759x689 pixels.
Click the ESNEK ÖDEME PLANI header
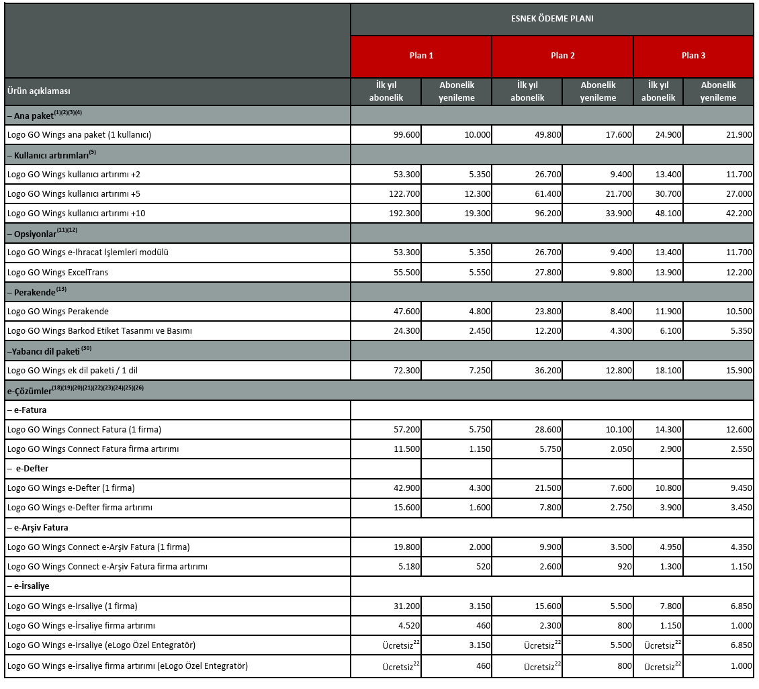pos(551,19)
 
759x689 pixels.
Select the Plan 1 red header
pos(421,56)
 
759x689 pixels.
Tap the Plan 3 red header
pos(693,56)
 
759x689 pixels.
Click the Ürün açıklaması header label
pos(39,91)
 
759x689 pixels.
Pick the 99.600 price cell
pos(407,134)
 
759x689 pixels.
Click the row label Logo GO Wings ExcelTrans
pos(58,272)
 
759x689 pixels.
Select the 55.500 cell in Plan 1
pos(407,272)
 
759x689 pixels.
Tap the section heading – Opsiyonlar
pos(42,233)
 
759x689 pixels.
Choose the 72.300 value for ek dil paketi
pos(407,370)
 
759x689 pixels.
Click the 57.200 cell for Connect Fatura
pos(407,429)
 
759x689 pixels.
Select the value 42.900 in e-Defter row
pos(407,488)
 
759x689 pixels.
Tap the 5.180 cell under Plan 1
pos(408,566)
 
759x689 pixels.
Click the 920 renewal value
pos(624,566)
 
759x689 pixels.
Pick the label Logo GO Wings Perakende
pos(58,311)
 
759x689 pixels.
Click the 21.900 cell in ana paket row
pos(738,134)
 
